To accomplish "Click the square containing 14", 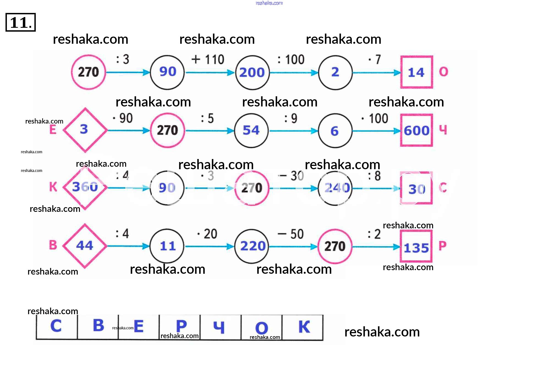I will click(x=416, y=72).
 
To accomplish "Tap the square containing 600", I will click(x=416, y=130).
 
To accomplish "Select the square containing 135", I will click(x=416, y=247).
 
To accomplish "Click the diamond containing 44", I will click(x=85, y=246).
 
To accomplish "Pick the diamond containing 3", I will click(x=85, y=130).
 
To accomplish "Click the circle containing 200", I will click(x=252, y=73).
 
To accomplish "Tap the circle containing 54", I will click(x=251, y=130).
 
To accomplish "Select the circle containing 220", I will click(x=252, y=246).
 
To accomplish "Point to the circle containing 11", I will click(x=167, y=246).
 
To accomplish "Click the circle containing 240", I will click(x=335, y=188).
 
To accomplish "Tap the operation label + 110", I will click(x=208, y=59).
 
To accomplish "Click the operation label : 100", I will click(x=291, y=59).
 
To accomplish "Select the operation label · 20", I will click(x=207, y=234).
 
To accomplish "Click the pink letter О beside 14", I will click(x=443, y=72).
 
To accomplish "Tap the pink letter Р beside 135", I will click(x=443, y=246).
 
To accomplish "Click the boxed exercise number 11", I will click(x=21, y=22).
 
